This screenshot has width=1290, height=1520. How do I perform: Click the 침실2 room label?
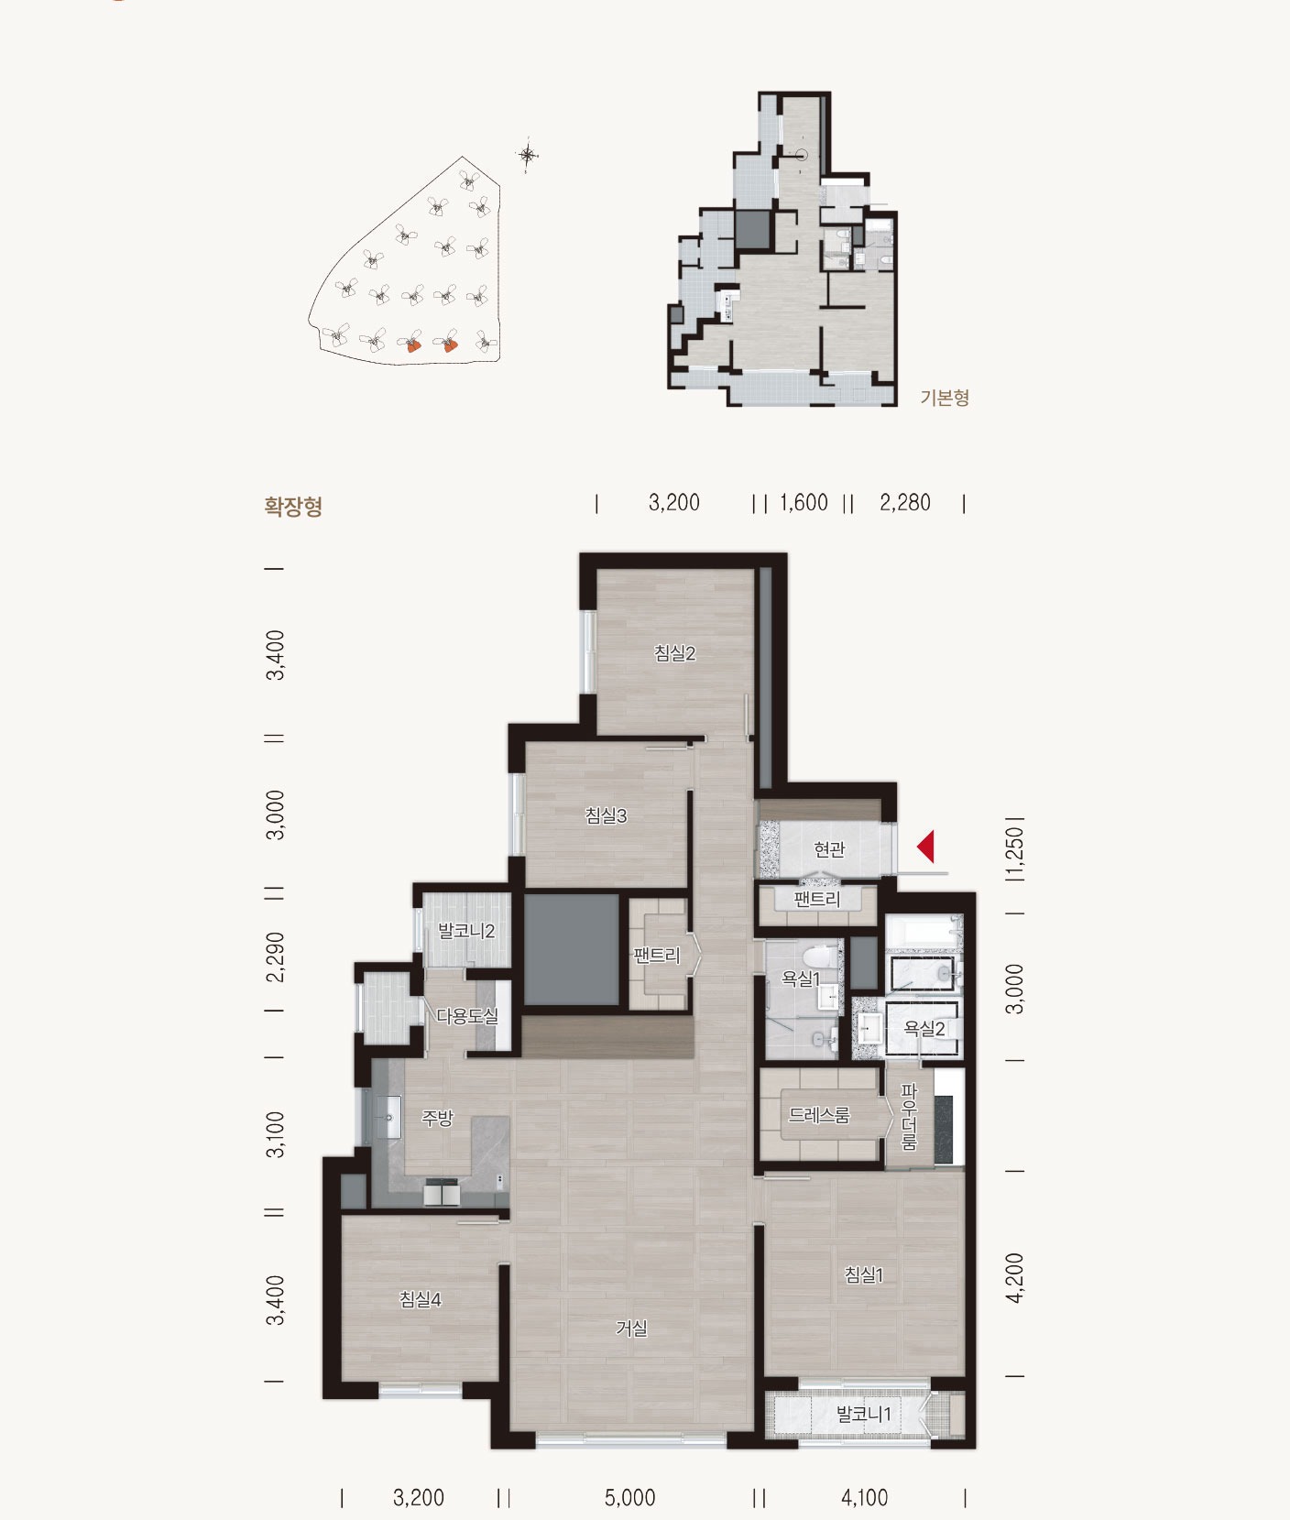(x=675, y=653)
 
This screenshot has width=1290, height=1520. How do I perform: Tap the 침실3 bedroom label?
(x=607, y=815)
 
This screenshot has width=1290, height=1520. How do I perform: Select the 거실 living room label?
(x=631, y=1328)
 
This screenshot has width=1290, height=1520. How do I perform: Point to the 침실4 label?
(x=421, y=1299)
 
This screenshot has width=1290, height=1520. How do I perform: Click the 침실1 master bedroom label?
(x=864, y=1274)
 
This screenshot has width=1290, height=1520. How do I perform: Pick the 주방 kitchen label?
(x=437, y=1118)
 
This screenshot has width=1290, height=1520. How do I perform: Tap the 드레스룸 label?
(x=820, y=1115)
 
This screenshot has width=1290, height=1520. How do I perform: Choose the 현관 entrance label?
(x=829, y=849)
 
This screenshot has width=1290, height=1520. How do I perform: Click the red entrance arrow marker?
(x=925, y=846)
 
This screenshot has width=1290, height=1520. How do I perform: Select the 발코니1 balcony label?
(x=863, y=1414)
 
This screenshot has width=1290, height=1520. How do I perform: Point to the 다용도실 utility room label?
(x=467, y=1015)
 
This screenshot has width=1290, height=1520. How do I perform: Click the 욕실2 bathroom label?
(x=924, y=1029)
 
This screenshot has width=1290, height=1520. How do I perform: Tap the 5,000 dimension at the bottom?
(x=630, y=1498)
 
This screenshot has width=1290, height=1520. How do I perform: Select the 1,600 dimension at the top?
(x=804, y=503)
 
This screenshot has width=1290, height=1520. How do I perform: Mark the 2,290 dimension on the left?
(x=275, y=957)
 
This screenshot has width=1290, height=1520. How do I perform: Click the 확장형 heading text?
(x=293, y=507)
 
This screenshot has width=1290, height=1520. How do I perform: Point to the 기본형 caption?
(x=945, y=398)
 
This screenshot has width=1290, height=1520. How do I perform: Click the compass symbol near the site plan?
(x=529, y=155)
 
